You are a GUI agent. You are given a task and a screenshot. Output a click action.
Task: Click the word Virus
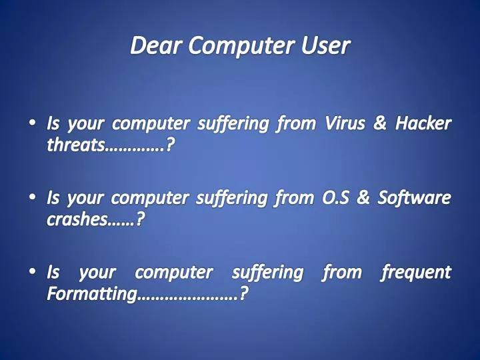pyautogui.click(x=346, y=124)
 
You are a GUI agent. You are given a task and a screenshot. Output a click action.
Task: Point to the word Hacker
pyautogui.click(x=423, y=124)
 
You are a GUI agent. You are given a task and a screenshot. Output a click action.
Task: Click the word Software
pyautogui.click(x=414, y=198)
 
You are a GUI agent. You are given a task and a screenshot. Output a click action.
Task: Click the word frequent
pyautogui.click(x=415, y=273)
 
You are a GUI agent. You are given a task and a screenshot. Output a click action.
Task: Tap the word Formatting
pyautogui.click(x=91, y=293)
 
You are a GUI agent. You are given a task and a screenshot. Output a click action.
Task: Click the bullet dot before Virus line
pyautogui.click(x=33, y=124)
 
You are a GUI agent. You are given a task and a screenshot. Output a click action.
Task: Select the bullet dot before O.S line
pyautogui.click(x=33, y=198)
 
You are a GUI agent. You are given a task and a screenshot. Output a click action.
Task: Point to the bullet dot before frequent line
pyautogui.click(x=33, y=273)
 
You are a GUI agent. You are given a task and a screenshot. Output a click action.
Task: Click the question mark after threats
pyautogui.click(x=171, y=145)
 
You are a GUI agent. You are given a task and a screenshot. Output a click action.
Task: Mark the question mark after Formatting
pyautogui.click(x=245, y=293)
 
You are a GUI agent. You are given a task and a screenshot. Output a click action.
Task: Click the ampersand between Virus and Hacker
pyautogui.click(x=380, y=124)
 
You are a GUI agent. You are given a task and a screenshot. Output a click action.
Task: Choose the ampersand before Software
pyautogui.click(x=367, y=198)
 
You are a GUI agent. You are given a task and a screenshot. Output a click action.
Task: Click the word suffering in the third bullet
pyautogui.click(x=267, y=273)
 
